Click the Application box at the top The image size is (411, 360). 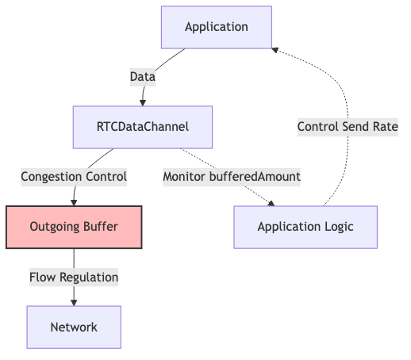point(217,27)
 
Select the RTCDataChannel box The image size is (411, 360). point(143,127)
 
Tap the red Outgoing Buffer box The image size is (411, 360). point(74,227)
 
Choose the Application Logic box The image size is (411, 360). point(305,227)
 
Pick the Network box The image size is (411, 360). point(74,327)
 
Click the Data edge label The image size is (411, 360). point(143,77)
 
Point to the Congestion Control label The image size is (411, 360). point(74,177)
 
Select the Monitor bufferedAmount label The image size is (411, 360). point(232,177)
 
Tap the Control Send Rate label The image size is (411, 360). point(348,127)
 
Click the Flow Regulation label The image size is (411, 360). point(74,278)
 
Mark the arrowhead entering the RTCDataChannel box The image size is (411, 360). point(143,103)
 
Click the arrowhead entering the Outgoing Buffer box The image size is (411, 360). point(74,203)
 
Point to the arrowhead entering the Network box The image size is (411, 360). point(74,303)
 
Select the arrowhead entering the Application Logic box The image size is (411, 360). point(271,203)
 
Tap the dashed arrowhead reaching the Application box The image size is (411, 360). point(275,50)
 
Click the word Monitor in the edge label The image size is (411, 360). point(184,177)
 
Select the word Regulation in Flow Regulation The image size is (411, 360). point(89,278)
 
